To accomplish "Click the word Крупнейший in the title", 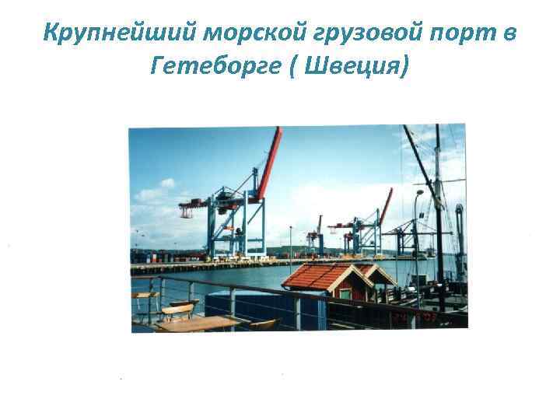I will (x=120, y=35).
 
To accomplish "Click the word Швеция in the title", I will (x=355, y=68).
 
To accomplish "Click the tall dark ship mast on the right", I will (x=439, y=210).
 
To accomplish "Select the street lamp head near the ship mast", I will (x=419, y=192).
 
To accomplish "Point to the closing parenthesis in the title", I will (x=401, y=68).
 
